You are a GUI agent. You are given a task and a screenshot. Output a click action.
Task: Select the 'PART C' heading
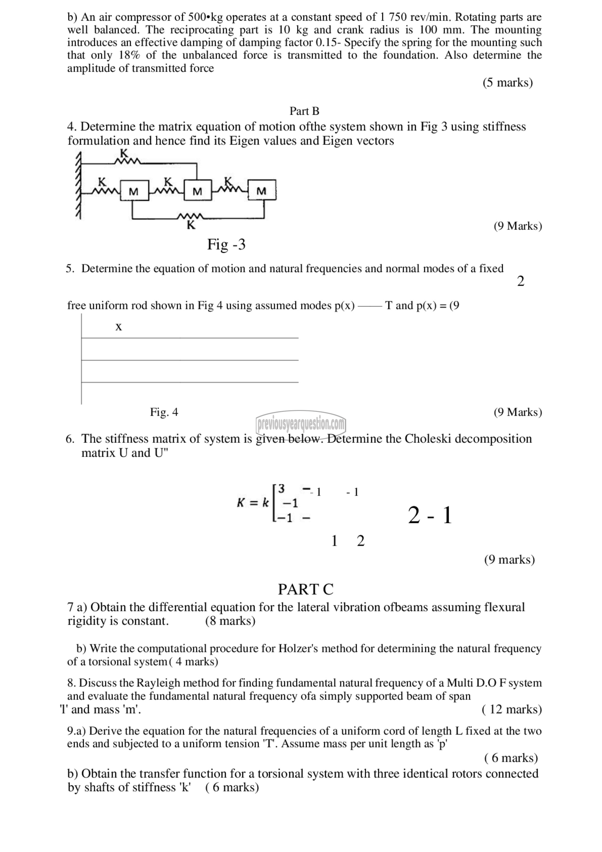coord(306,589)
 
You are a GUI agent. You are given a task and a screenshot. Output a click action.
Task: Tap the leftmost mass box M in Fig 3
coord(134,191)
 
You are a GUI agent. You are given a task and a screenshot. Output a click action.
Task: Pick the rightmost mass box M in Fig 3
coord(262,190)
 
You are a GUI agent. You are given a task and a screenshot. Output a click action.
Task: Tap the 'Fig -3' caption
coord(226,245)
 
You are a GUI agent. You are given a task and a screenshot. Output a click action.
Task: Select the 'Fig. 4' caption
coord(164,412)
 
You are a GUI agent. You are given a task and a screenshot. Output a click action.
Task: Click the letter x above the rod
coord(119,327)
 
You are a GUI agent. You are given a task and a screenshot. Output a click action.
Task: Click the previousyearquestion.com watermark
coord(301,423)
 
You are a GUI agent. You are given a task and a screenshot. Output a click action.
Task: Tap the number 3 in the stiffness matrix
coord(281,489)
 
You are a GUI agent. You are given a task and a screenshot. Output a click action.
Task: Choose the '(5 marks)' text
coord(507,82)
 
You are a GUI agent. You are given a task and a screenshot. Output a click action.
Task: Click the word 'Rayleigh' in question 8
coord(158,683)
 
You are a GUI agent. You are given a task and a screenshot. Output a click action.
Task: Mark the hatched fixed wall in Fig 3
coord(79,186)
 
